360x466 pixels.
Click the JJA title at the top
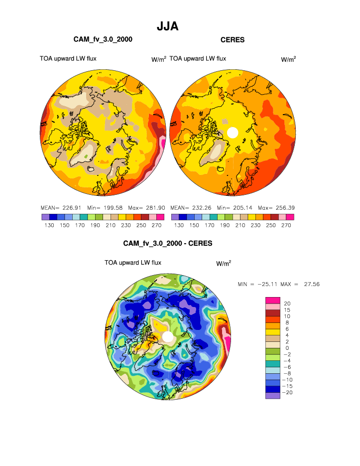pos(168,26)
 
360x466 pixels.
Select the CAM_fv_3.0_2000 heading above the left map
pos(103,39)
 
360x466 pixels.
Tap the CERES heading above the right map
pos(233,39)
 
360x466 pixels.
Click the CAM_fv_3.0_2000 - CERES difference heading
pos(168,244)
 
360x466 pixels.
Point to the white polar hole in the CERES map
pos(232,133)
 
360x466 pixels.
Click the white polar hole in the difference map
pos(168,336)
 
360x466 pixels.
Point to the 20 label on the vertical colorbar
pos(287,303)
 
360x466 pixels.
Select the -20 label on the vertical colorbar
pos(288,393)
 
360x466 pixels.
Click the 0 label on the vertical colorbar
pos(285,348)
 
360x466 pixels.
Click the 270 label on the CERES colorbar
pos(286,225)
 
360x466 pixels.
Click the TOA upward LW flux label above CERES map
pos(198,59)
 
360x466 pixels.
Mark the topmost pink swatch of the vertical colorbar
pos(272,300)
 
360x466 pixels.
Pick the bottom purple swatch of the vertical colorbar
pos(272,396)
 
